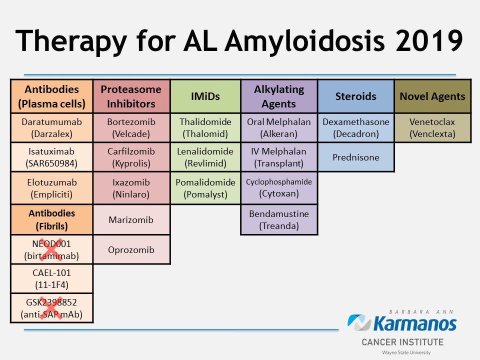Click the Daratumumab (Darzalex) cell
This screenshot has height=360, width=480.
coord(52,128)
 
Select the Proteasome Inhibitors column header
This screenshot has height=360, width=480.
coord(131,96)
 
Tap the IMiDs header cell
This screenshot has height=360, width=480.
coord(205,96)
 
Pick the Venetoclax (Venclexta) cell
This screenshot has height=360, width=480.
coord(432,128)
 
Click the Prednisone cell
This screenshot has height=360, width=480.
coord(355,157)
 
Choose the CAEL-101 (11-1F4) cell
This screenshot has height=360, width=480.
coord(52,278)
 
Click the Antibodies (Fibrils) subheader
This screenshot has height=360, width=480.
coord(52,219)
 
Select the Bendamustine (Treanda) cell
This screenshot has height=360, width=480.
coord(279,219)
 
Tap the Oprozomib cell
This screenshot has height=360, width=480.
coord(131,249)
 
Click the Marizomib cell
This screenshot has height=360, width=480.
coord(131,219)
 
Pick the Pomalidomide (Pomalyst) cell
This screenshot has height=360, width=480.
coord(205,188)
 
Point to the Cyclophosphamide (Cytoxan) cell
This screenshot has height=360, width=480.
coord(279,188)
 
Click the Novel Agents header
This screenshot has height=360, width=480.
coord(432,96)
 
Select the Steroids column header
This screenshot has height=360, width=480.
coord(355,96)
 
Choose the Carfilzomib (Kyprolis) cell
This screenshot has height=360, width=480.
coord(131,157)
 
